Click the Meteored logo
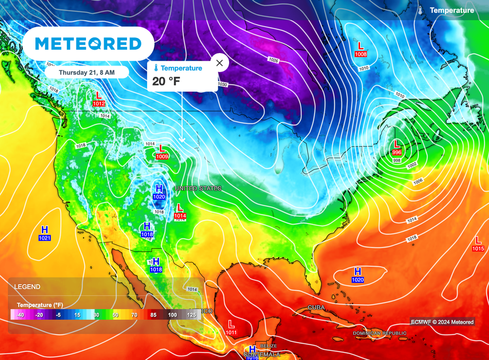pos(88,44)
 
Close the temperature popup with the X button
pos(219,63)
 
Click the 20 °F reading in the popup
pos(166,81)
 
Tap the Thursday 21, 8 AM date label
pos(86,73)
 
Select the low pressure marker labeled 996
pos(396,147)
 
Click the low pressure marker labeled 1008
pos(361,50)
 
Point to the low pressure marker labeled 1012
pos(99,99)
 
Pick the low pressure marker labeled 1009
pos(162,152)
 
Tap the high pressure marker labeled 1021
pos(45,233)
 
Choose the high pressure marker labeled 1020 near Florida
pos(358,275)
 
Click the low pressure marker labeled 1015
pos(478,244)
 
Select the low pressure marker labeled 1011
pos(231,328)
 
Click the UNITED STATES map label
pos(198,189)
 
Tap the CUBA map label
pos(316,307)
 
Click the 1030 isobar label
pos(222,85)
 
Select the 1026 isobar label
pos(273,60)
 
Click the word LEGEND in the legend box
pos(27,287)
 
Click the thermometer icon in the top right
pos(419,11)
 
